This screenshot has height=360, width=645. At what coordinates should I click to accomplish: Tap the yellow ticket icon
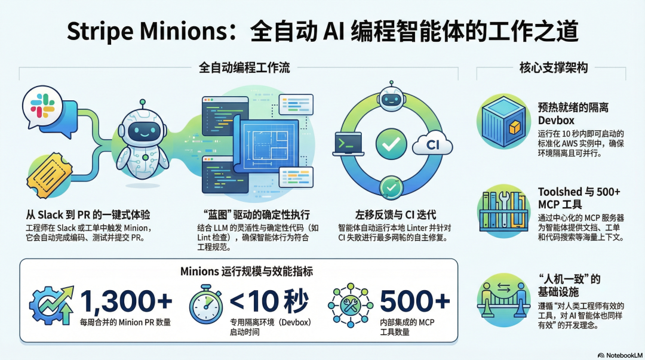coord(50,176)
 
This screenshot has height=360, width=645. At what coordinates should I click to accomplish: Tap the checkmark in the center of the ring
coord(391,144)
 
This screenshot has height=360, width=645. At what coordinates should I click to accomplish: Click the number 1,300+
coord(125,302)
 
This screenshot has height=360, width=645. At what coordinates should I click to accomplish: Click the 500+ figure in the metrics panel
coord(414,302)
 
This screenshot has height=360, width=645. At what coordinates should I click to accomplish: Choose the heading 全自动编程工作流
coord(244,68)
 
